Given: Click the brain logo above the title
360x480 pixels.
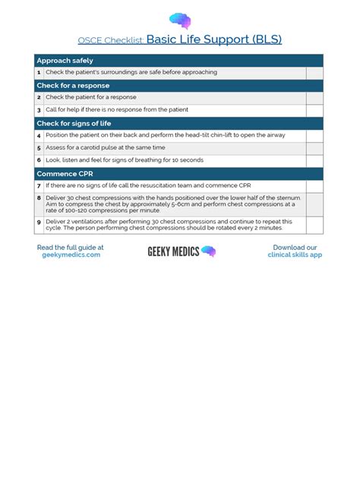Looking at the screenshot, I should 180,21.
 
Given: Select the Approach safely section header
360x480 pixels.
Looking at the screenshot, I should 65,60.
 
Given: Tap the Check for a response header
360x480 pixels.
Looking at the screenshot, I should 73,85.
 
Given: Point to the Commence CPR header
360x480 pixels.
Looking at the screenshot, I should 65,173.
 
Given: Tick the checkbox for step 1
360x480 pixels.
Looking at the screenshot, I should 314,72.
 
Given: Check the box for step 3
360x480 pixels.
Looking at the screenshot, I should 314,109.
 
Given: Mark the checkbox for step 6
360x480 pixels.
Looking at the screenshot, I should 314,160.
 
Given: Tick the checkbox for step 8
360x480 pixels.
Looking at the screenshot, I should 314,204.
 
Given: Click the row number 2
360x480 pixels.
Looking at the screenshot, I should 39,97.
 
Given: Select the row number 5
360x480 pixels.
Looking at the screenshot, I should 39,147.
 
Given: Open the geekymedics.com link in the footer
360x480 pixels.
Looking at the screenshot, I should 71,255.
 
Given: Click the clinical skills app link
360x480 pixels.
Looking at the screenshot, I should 295,255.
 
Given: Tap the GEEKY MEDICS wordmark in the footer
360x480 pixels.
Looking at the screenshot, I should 173,251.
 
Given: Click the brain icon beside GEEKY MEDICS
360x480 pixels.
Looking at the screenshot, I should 209,251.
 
